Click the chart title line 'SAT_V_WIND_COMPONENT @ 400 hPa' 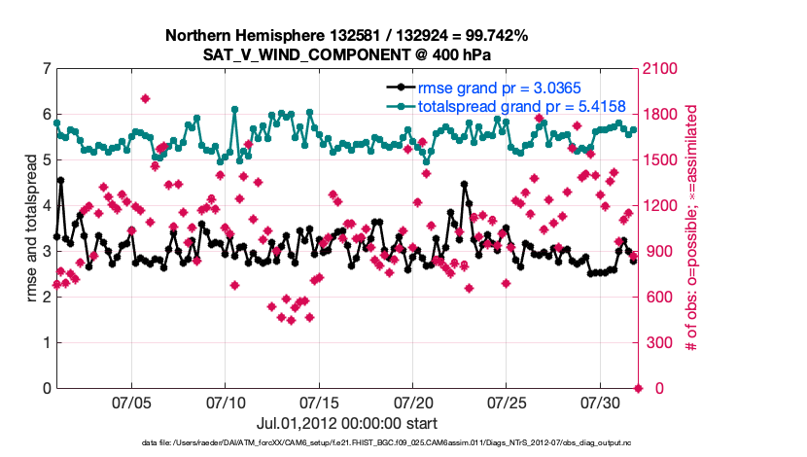[347, 54]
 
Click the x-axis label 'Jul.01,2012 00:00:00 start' [347, 423]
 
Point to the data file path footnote [403, 443]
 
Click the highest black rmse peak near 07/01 [60, 180]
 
